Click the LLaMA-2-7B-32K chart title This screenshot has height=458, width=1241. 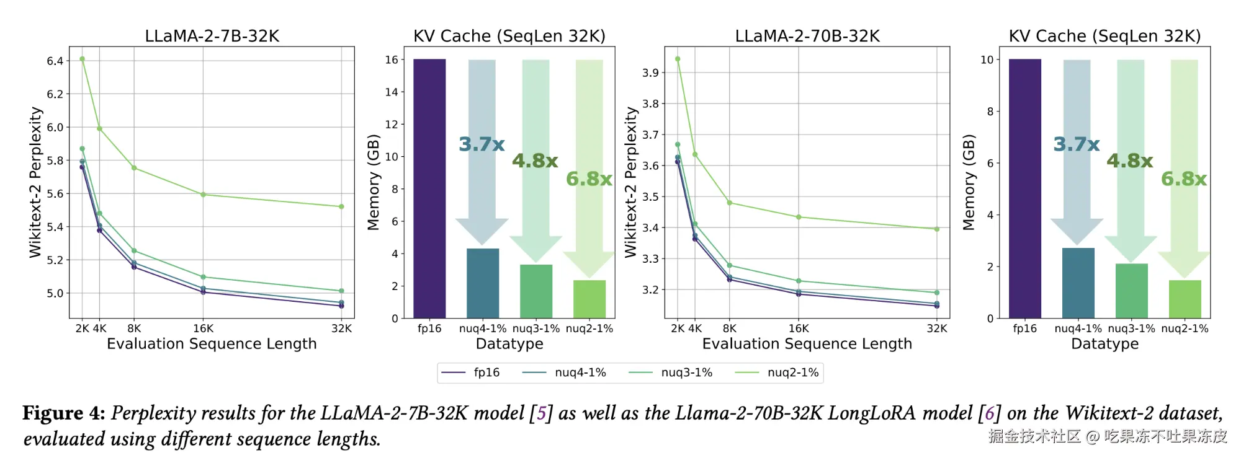pos(212,36)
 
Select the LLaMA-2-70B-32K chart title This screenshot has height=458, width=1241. pos(807,36)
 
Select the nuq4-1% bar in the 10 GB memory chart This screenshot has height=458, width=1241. pos(1078,283)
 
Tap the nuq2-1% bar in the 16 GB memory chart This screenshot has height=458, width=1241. pos(589,299)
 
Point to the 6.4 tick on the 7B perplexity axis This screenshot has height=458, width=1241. pos(55,61)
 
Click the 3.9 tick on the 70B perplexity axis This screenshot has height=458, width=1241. pos(650,73)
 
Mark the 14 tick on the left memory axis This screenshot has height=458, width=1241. pos(392,92)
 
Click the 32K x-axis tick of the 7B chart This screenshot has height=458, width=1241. pos(341,328)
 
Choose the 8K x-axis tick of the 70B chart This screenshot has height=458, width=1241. pos(730,328)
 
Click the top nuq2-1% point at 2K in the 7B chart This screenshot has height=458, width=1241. pos(82,59)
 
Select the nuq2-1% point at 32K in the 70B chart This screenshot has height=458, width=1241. pos(937,229)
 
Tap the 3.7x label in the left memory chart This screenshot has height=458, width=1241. pos(482,144)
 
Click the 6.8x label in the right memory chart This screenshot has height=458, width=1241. pos(1184,179)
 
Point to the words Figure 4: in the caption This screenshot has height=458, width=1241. pos(64,413)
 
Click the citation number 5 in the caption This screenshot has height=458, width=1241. pos(542,413)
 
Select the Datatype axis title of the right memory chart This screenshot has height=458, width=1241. pos(1104,344)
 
